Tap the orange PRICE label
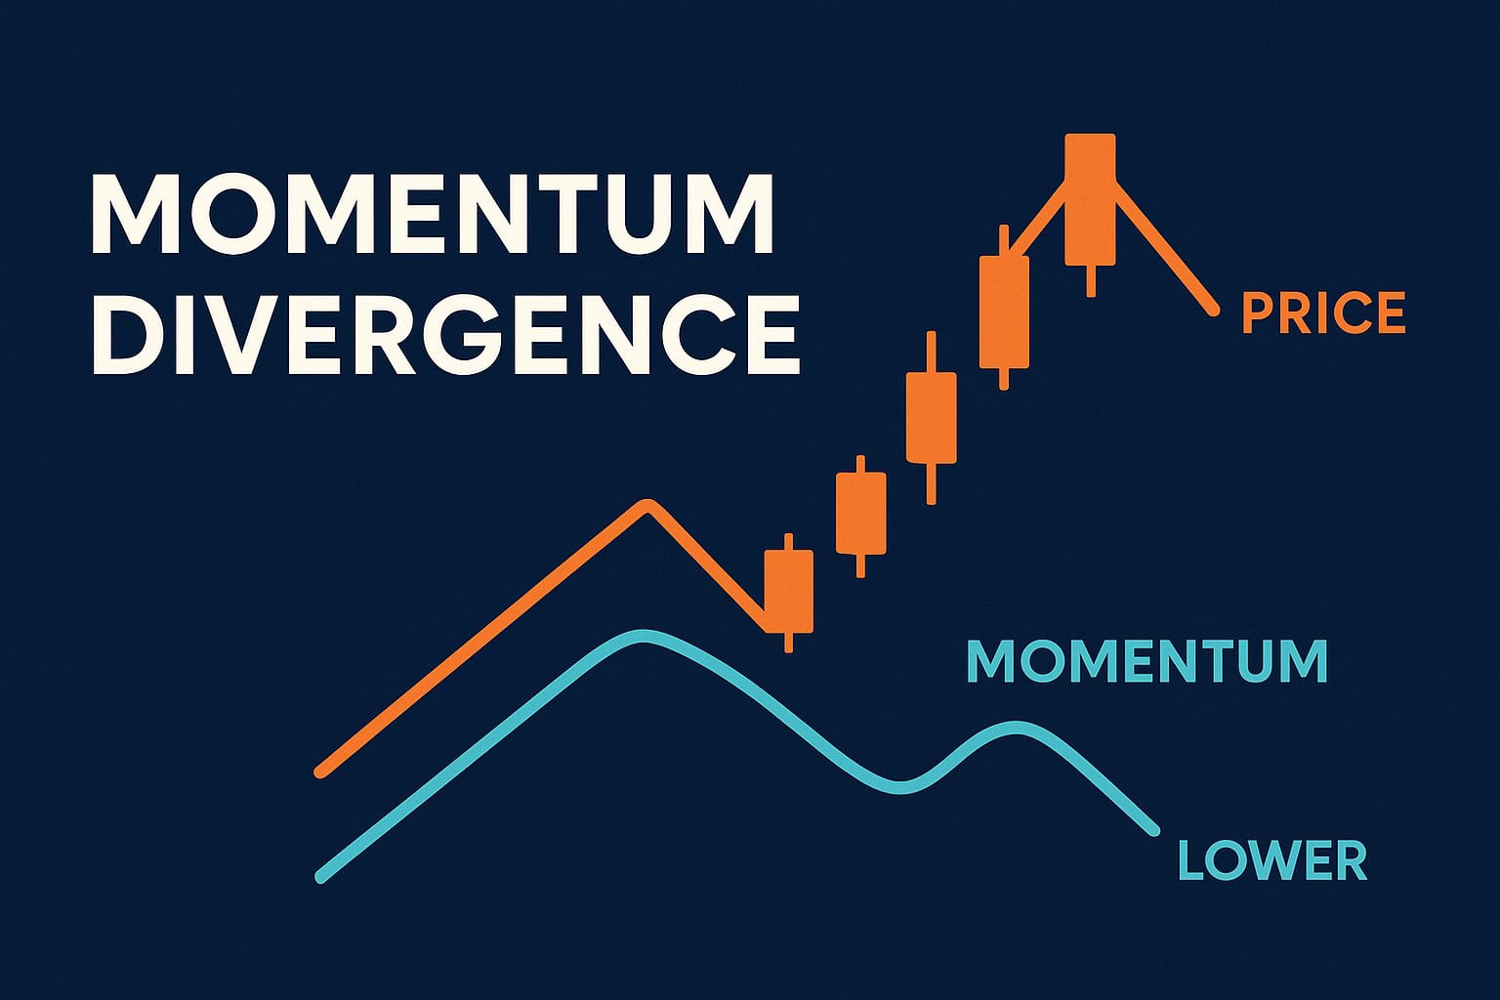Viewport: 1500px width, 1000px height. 1323,313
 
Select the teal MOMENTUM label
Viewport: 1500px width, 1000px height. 1146,661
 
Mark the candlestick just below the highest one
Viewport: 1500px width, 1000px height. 1004,312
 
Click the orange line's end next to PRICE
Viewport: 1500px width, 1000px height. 1214,311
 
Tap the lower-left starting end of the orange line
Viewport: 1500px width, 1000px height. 321,772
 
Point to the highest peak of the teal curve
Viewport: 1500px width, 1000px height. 640,636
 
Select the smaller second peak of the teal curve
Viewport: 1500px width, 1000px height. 1016,728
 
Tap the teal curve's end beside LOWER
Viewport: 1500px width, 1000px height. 1154,831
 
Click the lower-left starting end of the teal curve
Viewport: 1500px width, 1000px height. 322,877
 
